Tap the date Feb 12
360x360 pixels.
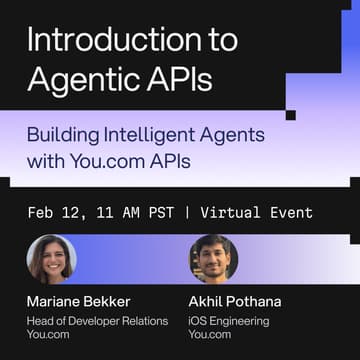tap(55, 213)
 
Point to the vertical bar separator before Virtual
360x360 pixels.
tap(186, 213)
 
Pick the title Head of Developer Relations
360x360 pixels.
tap(97, 321)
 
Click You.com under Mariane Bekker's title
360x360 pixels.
tap(47, 336)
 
